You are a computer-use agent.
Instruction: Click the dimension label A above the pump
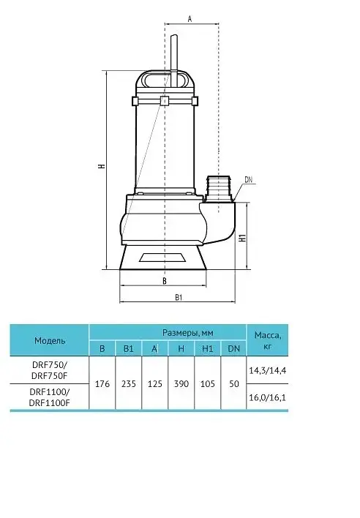tap(190, 19)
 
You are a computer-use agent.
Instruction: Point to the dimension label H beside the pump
tap(102, 166)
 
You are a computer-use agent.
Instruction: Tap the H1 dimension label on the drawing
tap(243, 238)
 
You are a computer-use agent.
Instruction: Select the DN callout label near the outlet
tap(248, 180)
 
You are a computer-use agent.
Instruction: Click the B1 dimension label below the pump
tap(179, 297)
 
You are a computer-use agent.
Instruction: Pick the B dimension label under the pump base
tap(165, 281)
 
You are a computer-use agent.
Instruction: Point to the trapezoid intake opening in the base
tap(162, 258)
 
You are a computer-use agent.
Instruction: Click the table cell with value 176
tap(102, 384)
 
